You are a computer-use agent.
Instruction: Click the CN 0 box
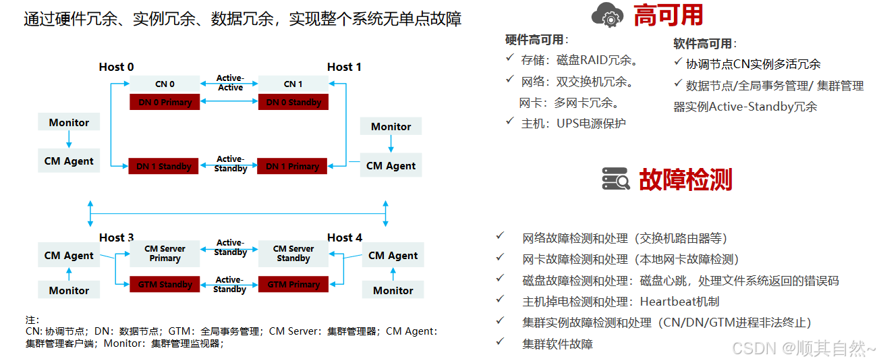click(x=165, y=84)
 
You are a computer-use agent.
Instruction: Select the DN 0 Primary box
click(x=165, y=102)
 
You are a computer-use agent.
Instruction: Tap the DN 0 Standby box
click(x=293, y=102)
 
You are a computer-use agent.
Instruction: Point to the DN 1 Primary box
click(x=292, y=166)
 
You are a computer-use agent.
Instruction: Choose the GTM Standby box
click(x=165, y=284)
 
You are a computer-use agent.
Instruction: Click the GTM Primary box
click(x=293, y=284)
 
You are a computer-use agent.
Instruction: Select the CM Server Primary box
click(x=165, y=254)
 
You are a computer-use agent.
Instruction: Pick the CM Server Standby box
click(x=293, y=254)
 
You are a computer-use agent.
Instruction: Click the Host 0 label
click(x=116, y=67)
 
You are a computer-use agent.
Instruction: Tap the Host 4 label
click(x=345, y=238)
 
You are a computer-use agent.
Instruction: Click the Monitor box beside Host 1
click(x=391, y=126)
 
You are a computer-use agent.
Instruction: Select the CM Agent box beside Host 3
click(x=69, y=255)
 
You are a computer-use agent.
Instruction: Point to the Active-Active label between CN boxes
click(x=230, y=82)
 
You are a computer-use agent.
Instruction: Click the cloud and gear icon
click(x=607, y=15)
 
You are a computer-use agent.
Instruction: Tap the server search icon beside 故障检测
click(x=616, y=179)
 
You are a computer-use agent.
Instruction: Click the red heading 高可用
click(x=668, y=15)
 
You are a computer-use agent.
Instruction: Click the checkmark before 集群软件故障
click(x=500, y=341)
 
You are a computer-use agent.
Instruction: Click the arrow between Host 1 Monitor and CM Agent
click(x=391, y=144)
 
